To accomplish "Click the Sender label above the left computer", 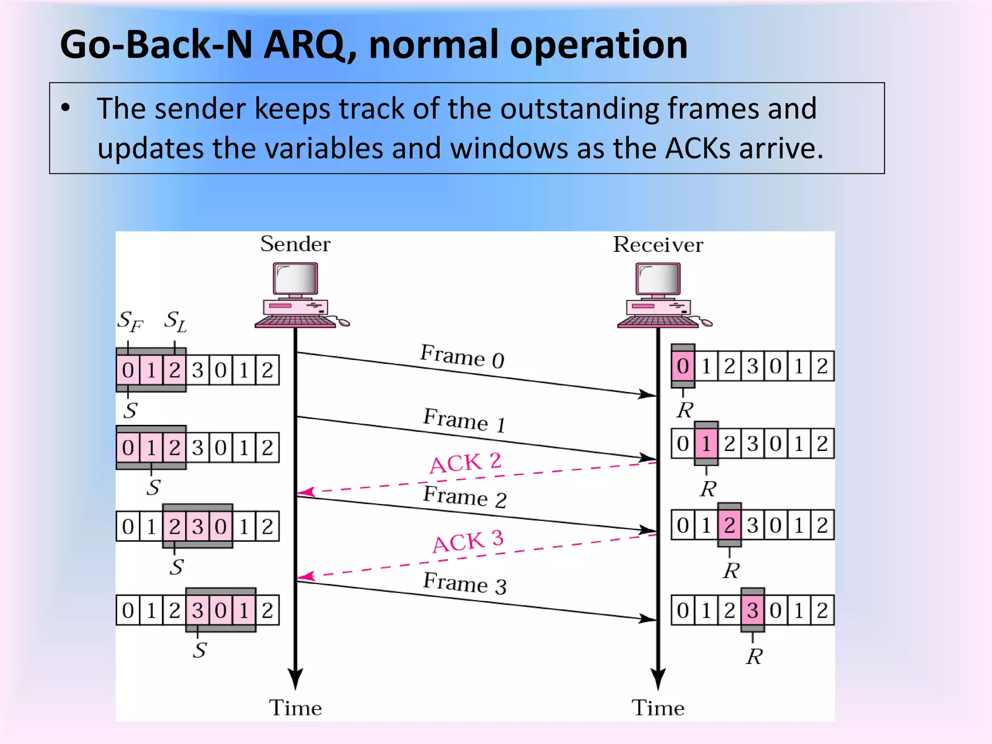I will (x=295, y=244).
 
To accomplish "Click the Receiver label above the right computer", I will (x=657, y=245).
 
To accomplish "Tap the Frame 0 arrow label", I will (x=462, y=356).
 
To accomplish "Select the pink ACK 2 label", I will (x=465, y=463).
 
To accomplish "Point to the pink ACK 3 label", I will (x=468, y=542).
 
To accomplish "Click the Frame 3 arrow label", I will (x=465, y=583).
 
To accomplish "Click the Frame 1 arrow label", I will (x=464, y=420).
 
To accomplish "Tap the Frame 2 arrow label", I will (x=465, y=497).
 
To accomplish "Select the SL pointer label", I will (x=175, y=321).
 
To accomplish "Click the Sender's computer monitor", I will (x=295, y=279).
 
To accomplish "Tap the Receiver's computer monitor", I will (x=658, y=279).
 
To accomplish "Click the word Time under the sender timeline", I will (x=295, y=708).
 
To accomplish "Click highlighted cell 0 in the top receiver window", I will (x=683, y=366).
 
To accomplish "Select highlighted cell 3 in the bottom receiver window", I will (x=752, y=610).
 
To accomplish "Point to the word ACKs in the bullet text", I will (x=697, y=148).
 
